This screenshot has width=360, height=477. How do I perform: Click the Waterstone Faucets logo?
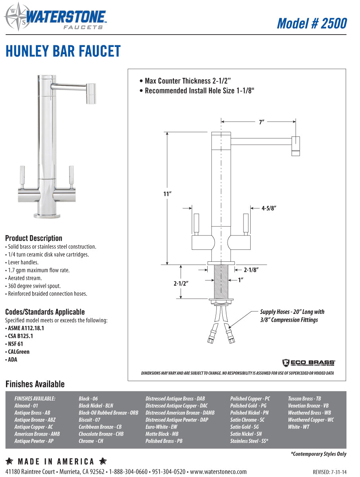[x=56, y=17]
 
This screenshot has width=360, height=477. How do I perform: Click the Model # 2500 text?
[x=311, y=23]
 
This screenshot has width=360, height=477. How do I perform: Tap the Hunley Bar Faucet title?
[x=63, y=51]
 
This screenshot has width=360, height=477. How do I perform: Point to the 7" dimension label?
[x=262, y=123]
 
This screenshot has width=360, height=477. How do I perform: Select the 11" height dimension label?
[x=167, y=194]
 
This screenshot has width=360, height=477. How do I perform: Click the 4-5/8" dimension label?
[x=269, y=208]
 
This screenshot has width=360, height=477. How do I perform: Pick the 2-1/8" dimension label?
[x=251, y=270]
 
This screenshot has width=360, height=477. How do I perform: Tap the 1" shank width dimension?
[x=241, y=280]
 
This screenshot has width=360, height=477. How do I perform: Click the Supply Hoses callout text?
[x=292, y=316]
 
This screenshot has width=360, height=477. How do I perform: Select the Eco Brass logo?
[x=308, y=362]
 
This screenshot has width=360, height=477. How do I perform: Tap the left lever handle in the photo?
[x=23, y=175]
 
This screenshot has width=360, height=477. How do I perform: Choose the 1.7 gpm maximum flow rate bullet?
[x=38, y=270]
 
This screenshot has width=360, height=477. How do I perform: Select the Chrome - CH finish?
[x=91, y=441]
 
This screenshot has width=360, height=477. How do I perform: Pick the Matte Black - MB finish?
[x=162, y=434]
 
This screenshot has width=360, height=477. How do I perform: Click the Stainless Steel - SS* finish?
[x=249, y=441]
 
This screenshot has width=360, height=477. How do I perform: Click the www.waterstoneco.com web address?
[x=218, y=472]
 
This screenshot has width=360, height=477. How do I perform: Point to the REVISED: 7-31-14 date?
[x=329, y=472]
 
